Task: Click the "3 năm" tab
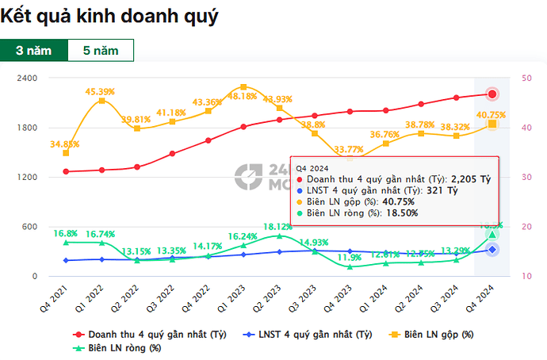pyautogui.click(x=33, y=49)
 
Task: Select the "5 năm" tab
pyautogui.click(x=100, y=49)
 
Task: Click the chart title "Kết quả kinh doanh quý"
pyautogui.click(x=109, y=15)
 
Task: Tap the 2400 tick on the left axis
pyautogui.click(x=28, y=78)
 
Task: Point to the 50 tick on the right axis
pyautogui.click(x=527, y=78)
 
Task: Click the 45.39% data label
pyautogui.click(x=101, y=90)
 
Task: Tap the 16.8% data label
pyautogui.click(x=65, y=233)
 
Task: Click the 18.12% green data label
pyautogui.click(x=279, y=226)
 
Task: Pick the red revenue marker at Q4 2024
pyautogui.click(x=492, y=94)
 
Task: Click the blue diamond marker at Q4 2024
pyautogui.click(x=492, y=250)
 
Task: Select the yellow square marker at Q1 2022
pyautogui.click(x=101, y=101)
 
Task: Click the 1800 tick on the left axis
pyautogui.click(x=28, y=128)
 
